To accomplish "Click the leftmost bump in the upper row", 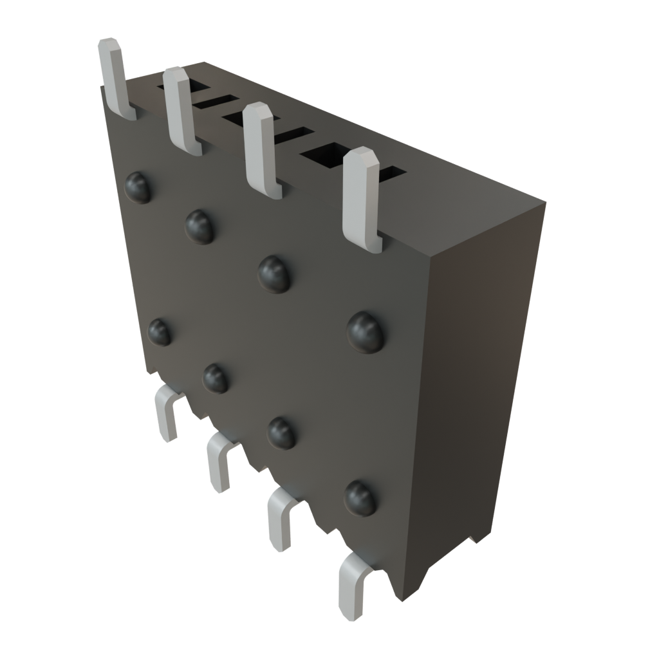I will (138, 187).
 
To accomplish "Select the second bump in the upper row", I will (200, 226).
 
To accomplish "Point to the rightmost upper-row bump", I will (366, 331).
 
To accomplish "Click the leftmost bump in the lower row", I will (159, 331).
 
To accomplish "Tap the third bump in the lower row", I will (281, 432).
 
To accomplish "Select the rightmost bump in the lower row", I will (360, 497).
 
